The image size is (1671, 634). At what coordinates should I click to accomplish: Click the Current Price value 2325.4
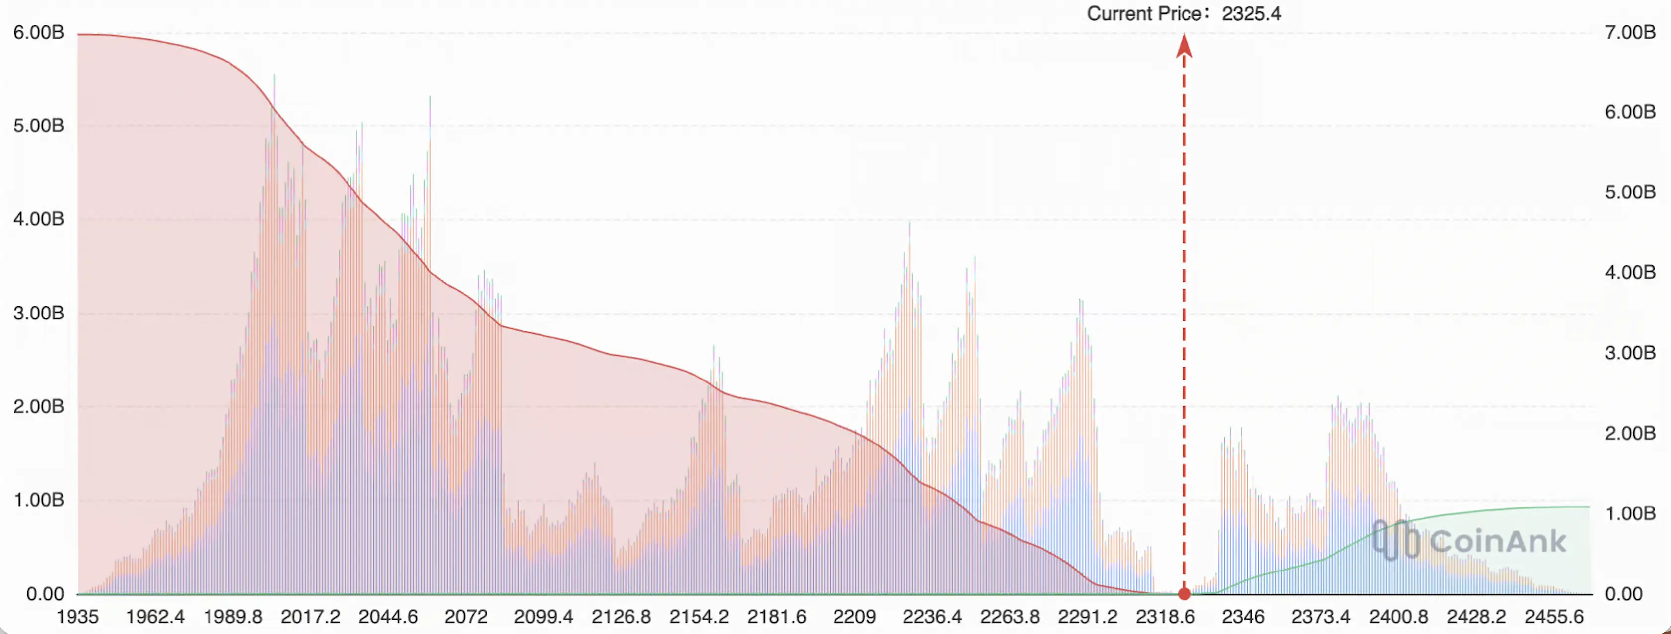pyautogui.click(x=1252, y=13)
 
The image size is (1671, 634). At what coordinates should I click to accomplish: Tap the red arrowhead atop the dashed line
pyautogui.click(x=1184, y=45)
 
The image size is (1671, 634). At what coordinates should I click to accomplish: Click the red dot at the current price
pyautogui.click(x=1184, y=594)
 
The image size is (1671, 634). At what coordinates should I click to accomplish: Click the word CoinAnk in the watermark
pyautogui.click(x=1498, y=541)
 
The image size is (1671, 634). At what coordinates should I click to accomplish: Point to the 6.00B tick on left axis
pyautogui.click(x=39, y=32)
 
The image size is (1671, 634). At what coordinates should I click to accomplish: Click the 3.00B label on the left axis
pyautogui.click(x=39, y=313)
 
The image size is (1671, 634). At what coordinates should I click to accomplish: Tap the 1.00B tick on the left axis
pyautogui.click(x=39, y=500)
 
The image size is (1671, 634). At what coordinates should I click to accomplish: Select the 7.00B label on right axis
pyautogui.click(x=1630, y=32)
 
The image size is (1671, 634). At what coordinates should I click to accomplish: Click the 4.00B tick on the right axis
pyautogui.click(x=1630, y=272)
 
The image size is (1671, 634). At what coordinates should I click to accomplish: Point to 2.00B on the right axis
pyautogui.click(x=1630, y=433)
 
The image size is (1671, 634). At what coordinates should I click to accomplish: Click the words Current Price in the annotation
pyautogui.click(x=1144, y=13)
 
